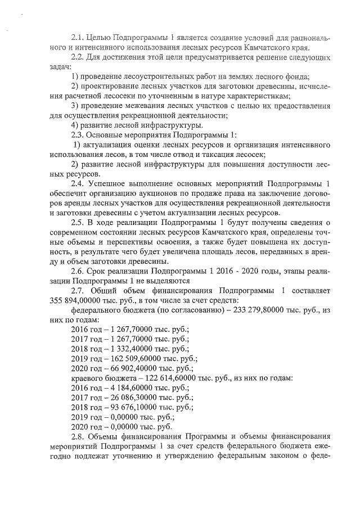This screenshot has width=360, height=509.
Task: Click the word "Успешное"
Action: (114, 184)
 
